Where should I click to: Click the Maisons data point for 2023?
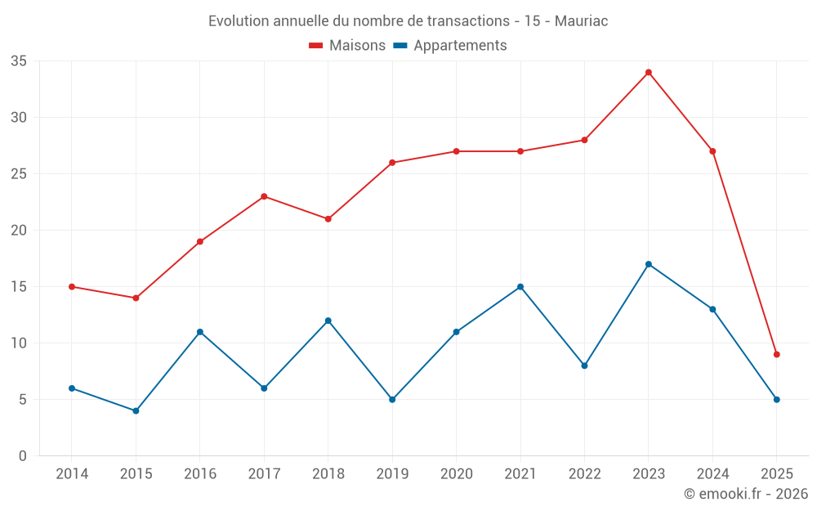(x=649, y=72)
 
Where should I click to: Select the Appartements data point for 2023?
(x=649, y=264)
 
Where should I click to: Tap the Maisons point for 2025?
(x=777, y=354)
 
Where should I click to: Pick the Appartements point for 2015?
(x=136, y=410)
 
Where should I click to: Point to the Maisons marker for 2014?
(x=72, y=287)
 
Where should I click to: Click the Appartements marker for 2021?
(x=520, y=287)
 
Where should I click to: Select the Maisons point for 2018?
(x=328, y=219)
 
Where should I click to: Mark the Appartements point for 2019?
(x=392, y=400)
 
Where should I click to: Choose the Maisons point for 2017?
(x=264, y=196)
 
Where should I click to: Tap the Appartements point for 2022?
(x=584, y=365)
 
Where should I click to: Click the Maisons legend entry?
(x=347, y=46)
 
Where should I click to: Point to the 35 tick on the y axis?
(x=19, y=61)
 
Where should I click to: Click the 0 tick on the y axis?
(x=23, y=456)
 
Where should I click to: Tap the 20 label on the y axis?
(x=19, y=231)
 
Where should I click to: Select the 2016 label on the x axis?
(x=200, y=474)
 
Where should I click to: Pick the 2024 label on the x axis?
(x=712, y=474)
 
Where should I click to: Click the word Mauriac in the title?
(x=581, y=20)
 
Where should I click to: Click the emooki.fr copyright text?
(x=746, y=494)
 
